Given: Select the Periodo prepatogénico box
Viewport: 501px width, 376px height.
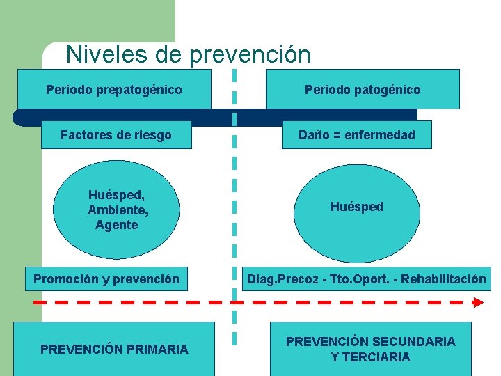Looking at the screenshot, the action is click(x=114, y=90).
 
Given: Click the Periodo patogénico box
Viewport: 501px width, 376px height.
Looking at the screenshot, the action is click(x=363, y=90).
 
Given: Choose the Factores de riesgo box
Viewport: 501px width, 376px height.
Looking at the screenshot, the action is click(x=116, y=135).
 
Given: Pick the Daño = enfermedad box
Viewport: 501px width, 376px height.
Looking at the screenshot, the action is click(x=356, y=135).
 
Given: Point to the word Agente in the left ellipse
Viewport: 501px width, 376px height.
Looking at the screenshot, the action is click(x=117, y=225).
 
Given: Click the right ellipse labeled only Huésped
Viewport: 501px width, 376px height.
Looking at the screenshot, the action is click(x=356, y=207).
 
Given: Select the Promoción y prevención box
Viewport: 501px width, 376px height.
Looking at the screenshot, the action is click(x=106, y=279).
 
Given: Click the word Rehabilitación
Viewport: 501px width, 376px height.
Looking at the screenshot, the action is click(x=447, y=279).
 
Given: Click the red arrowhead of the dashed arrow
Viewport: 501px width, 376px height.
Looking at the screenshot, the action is click(x=477, y=302).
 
